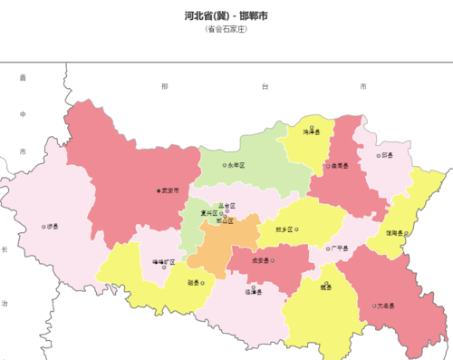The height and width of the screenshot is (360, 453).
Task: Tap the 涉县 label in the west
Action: tap(52, 227)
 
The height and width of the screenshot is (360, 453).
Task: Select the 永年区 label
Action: tap(237, 165)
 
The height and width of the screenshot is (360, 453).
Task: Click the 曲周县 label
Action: tap(340, 166)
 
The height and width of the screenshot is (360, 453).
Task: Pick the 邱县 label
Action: tap(387, 155)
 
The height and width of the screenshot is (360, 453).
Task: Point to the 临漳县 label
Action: tap(253, 291)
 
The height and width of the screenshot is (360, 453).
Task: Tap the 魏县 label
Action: tap(325, 287)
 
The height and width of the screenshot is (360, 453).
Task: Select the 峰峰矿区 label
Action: tap(166, 262)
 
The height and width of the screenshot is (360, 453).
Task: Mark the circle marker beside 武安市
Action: tap(159, 190)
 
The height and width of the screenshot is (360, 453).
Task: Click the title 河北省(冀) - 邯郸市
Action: tap(226, 15)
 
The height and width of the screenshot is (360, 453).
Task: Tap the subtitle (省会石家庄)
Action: tap(226, 29)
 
